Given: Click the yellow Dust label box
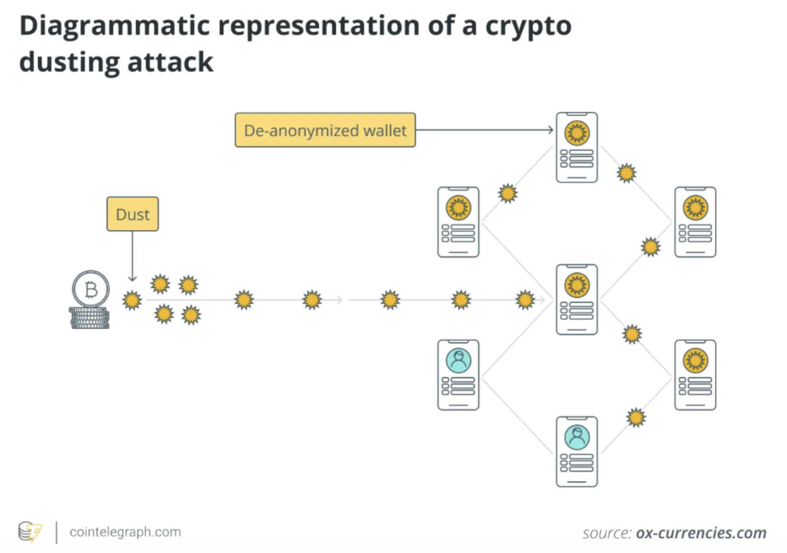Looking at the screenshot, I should coord(133,214).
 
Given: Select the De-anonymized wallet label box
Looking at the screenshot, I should coord(325,130).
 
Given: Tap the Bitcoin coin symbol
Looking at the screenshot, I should coord(91,289).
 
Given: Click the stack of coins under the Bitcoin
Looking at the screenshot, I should coord(90,318).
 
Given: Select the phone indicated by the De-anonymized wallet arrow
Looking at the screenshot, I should coord(577,147).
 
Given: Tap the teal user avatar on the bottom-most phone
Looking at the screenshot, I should coord(577,437).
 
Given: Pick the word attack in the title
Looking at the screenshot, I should coord(170,62).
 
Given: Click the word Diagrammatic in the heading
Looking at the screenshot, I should coord(114,26).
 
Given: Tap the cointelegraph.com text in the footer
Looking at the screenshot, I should coord(125,532).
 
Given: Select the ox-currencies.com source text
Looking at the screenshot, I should coord(701,533).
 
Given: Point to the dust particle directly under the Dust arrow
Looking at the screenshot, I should coord(132,300).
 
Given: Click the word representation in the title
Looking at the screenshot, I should coord(318,26).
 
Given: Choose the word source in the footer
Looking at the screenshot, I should coord(606,533).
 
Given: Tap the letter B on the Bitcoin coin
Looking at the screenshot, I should coord(91,289).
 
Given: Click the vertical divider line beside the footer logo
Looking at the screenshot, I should coord(56,532).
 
